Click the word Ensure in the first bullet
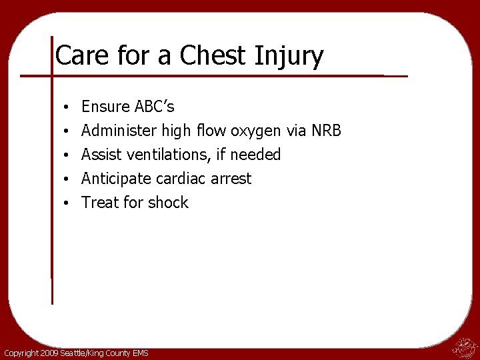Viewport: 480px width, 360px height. [104, 107]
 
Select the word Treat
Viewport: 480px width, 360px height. [99, 203]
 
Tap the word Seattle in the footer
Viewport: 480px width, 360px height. [74, 353]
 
